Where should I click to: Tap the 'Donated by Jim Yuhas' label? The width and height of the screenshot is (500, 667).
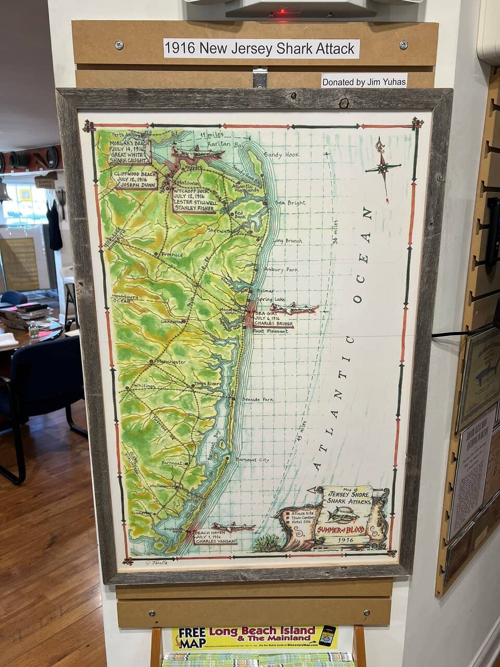pos(364,81)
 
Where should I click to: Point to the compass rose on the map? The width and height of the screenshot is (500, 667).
pos(383,167)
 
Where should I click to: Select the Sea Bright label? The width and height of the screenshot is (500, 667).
pos(290,203)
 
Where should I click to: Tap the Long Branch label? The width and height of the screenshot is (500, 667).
pos(287,241)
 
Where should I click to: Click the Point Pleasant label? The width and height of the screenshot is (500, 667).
pos(270,331)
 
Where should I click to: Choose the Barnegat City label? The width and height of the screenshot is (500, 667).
pos(253,460)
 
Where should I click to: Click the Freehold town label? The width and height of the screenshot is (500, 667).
pos(171,255)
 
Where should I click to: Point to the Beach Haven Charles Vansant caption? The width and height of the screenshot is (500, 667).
pos(215,537)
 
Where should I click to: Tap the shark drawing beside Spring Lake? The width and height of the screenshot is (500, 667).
pos(295,308)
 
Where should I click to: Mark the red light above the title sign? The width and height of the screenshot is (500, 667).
pos(282,10)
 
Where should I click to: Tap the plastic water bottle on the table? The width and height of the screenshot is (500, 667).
pos(33,329)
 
